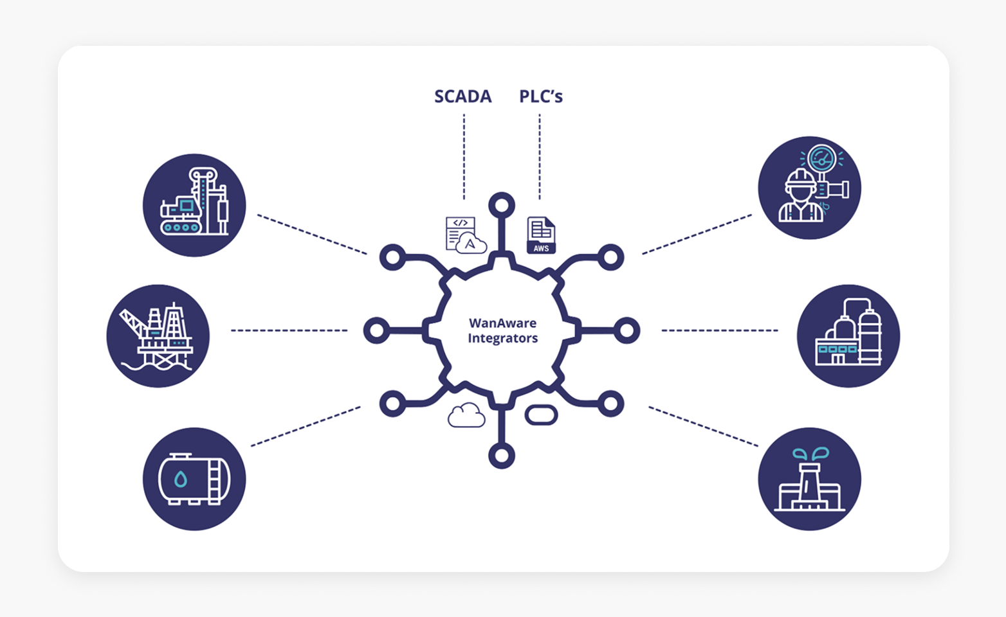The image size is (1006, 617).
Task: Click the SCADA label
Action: pyautogui.click(x=462, y=96)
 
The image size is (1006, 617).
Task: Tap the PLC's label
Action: pyautogui.click(x=540, y=96)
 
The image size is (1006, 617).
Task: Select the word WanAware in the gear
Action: pyautogui.click(x=502, y=323)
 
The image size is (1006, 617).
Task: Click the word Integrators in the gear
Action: pyautogui.click(x=502, y=338)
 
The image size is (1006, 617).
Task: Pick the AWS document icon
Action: pyautogui.click(x=541, y=235)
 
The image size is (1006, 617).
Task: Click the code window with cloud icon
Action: pyautogui.click(x=465, y=235)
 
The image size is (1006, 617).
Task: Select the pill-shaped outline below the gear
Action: pyautogui.click(x=541, y=415)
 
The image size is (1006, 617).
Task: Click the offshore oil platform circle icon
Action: pyautogui.click(x=158, y=336)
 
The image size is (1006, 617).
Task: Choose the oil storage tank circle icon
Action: pyautogui.click(x=194, y=479)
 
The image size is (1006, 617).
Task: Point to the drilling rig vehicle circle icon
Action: pyautogui.click(x=194, y=205)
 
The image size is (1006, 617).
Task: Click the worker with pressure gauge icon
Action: pyautogui.click(x=809, y=188)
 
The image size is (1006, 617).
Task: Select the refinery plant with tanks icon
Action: pyautogui.click(x=848, y=336)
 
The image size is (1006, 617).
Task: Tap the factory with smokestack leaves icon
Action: pyautogui.click(x=809, y=479)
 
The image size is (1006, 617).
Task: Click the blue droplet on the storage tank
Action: pyautogui.click(x=181, y=479)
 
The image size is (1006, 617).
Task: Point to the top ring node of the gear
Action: pyautogui.click(x=502, y=206)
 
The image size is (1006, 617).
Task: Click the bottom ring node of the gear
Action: pyautogui.click(x=502, y=456)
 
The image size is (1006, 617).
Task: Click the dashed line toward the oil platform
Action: pyautogui.click(x=289, y=330)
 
